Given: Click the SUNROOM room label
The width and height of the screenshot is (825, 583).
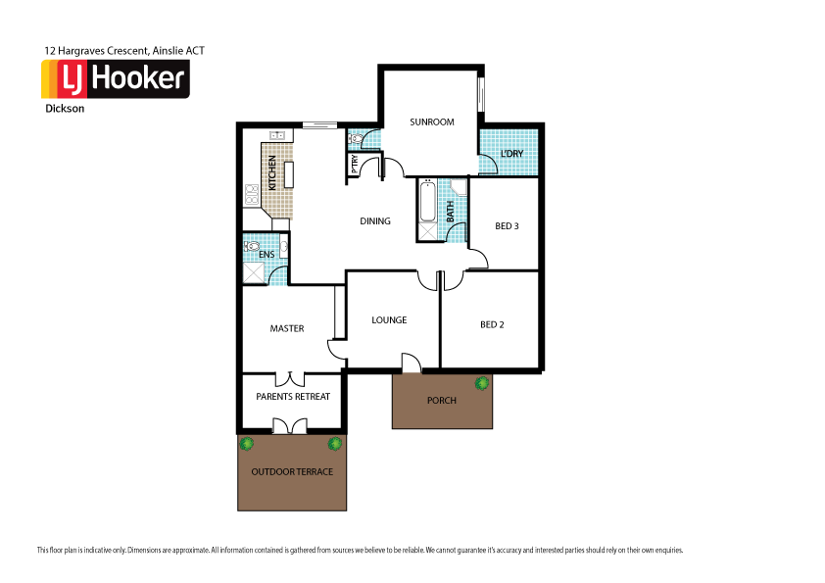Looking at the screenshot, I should (x=431, y=122).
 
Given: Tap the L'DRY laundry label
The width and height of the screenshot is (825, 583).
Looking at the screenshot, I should (x=511, y=155).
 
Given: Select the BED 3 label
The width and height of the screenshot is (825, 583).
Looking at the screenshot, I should (x=507, y=226).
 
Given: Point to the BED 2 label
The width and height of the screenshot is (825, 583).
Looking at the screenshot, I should (x=492, y=325).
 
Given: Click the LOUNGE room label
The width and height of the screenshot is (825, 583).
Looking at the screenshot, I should (x=389, y=320).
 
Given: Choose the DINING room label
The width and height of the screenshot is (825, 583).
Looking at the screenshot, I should (x=375, y=221).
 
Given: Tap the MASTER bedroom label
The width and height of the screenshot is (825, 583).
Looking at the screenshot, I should (x=287, y=328).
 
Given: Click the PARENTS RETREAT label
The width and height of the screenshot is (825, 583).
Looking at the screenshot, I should (x=293, y=397).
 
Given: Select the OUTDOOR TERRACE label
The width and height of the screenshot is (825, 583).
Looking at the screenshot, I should (x=292, y=472).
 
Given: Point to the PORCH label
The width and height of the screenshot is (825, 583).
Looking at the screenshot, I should (x=441, y=401).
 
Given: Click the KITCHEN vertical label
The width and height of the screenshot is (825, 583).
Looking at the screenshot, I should (x=272, y=175).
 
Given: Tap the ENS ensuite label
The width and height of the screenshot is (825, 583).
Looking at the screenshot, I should (x=267, y=255).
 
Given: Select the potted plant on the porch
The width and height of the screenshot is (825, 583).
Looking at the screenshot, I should (x=481, y=383).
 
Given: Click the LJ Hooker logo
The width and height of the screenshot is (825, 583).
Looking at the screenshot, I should (x=115, y=79).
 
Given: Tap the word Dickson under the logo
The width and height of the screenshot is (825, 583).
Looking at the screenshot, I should (x=65, y=109).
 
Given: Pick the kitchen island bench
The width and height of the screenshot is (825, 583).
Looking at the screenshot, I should (x=289, y=174).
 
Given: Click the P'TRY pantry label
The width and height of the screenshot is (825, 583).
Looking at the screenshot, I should (x=354, y=165).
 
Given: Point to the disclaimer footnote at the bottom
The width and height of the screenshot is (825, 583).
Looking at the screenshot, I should (x=360, y=550).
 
